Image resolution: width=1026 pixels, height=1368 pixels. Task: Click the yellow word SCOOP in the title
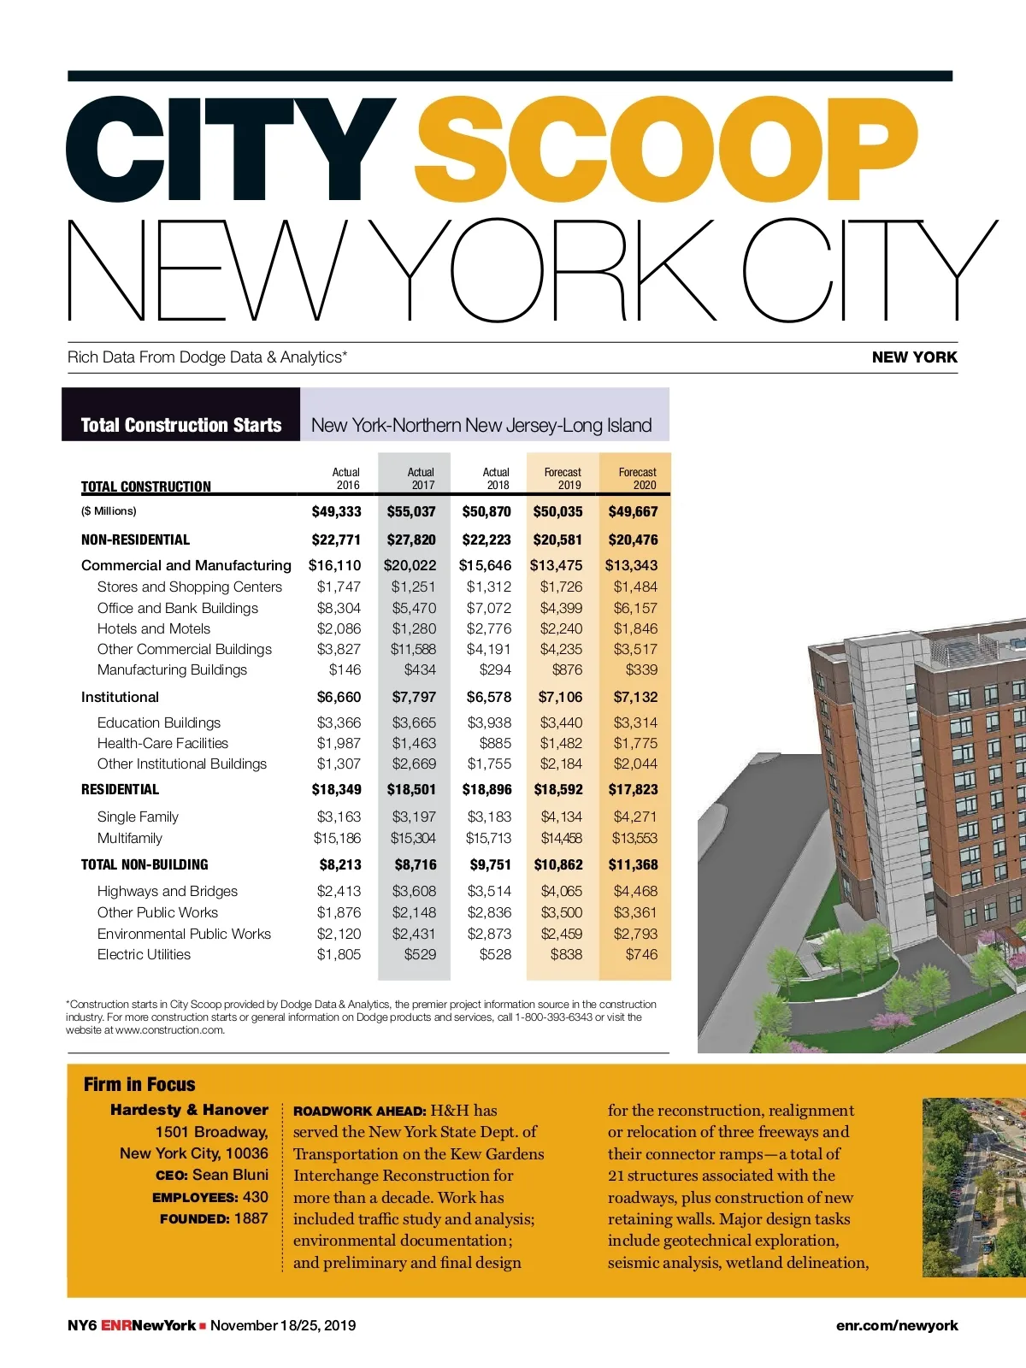point(666,150)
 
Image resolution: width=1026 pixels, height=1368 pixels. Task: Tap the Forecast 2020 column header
point(637,479)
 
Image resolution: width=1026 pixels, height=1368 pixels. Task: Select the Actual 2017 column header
point(421,479)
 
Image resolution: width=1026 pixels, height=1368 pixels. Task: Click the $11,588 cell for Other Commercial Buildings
point(413,649)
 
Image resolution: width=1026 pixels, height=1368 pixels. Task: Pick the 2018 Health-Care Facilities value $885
point(495,743)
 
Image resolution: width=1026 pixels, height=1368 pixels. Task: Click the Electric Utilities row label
point(144,954)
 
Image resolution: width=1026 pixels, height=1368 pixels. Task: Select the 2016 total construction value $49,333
point(336,511)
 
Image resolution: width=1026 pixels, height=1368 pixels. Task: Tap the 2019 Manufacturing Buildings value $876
point(567,669)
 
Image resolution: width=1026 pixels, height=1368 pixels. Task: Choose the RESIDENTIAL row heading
point(120,789)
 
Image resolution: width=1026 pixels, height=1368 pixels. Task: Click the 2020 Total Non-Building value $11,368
point(633,864)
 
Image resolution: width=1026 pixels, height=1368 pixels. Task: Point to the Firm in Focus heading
point(139,1084)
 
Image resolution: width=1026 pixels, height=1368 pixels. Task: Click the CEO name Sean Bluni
point(230,1175)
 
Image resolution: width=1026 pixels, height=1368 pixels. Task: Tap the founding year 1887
point(251,1218)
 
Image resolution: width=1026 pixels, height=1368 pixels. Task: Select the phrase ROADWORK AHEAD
point(359,1111)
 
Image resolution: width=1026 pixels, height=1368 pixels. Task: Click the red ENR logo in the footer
point(116,1325)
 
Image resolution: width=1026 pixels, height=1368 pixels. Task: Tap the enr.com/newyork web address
point(897,1325)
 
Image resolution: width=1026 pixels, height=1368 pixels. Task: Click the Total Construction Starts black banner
point(181,425)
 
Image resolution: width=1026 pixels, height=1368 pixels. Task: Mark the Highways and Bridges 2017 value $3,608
point(414,891)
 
